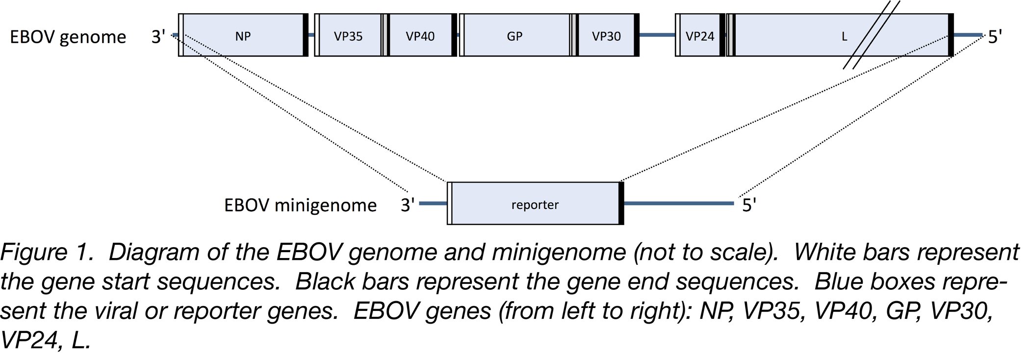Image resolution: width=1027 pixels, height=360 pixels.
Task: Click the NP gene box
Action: [243, 35]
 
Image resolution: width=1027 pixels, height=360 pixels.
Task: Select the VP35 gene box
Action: [348, 35]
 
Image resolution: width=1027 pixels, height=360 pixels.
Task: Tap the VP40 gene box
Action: [420, 35]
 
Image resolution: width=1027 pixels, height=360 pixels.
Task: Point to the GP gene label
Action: [514, 36]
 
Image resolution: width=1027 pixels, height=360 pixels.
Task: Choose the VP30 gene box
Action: [606, 35]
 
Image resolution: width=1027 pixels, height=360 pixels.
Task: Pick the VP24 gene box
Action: [699, 35]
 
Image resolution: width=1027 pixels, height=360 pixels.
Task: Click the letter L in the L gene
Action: [844, 37]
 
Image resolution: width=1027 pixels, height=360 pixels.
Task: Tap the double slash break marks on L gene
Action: [872, 34]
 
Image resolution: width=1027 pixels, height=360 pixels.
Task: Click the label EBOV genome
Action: [68, 37]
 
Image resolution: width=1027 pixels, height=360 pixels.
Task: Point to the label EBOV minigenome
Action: [300, 205]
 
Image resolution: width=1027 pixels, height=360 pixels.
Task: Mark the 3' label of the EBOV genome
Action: [158, 37]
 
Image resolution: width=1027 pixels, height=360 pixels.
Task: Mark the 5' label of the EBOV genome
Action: [995, 37]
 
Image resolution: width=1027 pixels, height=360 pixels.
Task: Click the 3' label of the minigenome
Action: [408, 205]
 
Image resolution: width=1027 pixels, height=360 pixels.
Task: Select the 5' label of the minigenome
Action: [749, 205]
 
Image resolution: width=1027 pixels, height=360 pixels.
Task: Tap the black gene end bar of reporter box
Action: [621, 203]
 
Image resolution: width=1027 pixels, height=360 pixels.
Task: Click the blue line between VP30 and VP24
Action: [657, 35]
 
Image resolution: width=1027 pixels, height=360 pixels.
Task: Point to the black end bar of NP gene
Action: [306, 35]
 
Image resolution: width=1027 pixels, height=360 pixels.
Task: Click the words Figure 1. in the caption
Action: [47, 253]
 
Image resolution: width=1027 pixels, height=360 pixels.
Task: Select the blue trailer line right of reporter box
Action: [679, 203]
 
